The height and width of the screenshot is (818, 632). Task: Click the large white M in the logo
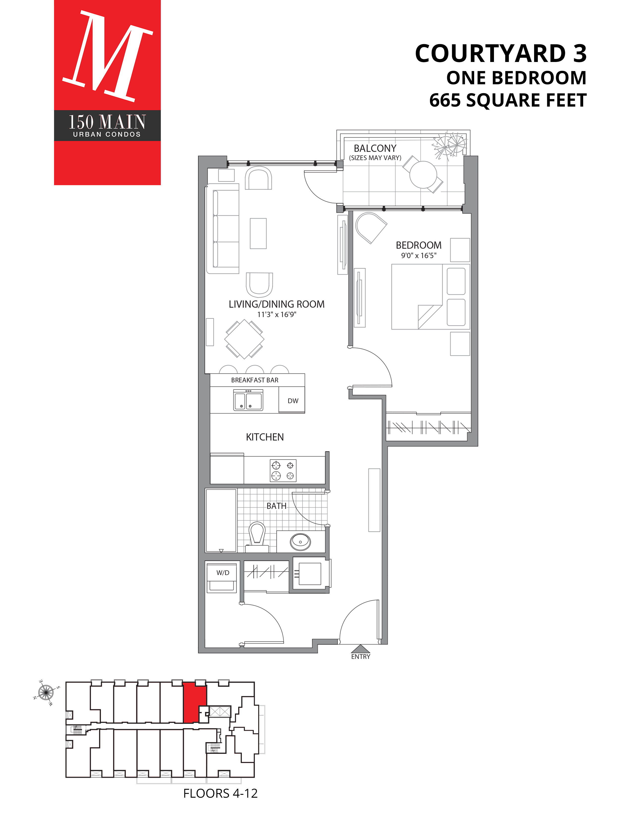[x=108, y=56]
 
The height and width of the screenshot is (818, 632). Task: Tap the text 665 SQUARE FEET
[x=507, y=100]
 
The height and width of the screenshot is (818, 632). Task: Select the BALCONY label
[x=375, y=148]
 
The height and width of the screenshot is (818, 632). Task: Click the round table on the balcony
[x=423, y=175]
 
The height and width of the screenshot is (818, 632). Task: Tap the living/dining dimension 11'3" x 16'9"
[x=276, y=314]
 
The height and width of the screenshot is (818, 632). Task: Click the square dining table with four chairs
[x=244, y=339]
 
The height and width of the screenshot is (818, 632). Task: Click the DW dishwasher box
[x=292, y=401]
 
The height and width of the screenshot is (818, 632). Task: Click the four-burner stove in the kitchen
[x=283, y=470]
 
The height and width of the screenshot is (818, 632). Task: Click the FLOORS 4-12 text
[x=220, y=793]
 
